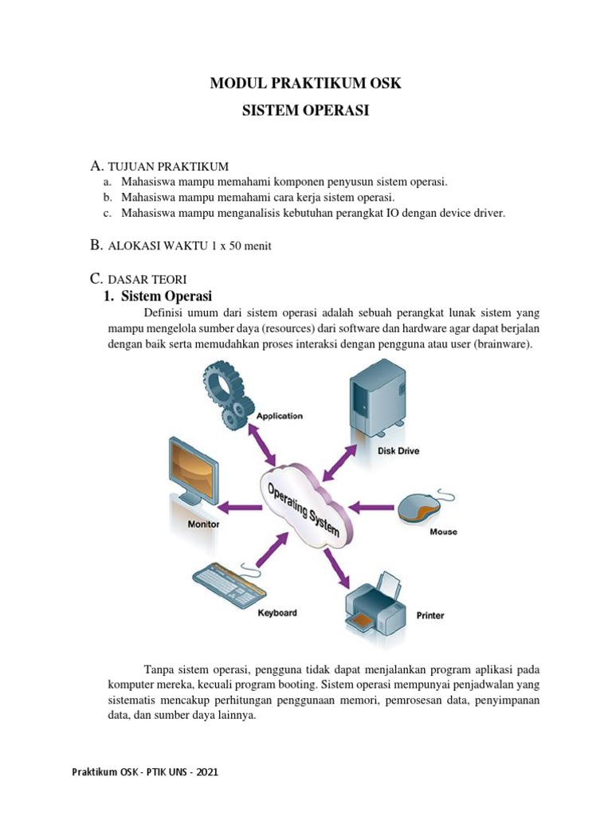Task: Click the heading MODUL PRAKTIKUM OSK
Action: [x=305, y=84]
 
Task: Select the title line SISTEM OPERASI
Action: [x=305, y=112]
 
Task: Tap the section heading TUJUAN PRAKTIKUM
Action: [x=168, y=167]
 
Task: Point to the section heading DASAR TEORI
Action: [x=147, y=279]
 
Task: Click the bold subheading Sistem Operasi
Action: [x=166, y=297]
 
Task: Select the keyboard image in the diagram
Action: [x=225, y=585]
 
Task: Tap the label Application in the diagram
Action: [x=279, y=416]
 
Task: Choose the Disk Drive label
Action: [x=398, y=451]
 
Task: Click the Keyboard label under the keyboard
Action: [x=277, y=613]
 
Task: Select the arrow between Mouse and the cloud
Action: [x=373, y=506]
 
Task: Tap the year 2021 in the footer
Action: [x=206, y=772]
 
